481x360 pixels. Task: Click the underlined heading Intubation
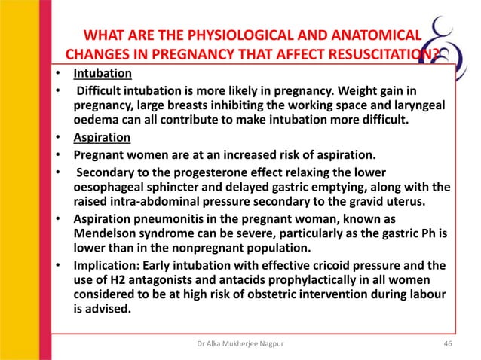tap(103, 75)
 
